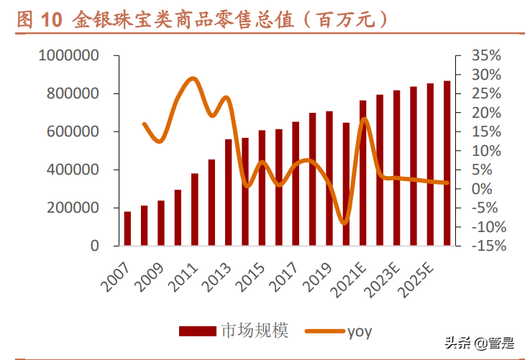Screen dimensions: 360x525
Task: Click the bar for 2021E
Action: pyautogui.click(x=362, y=173)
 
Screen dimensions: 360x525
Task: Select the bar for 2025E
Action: pyautogui.click(x=430, y=165)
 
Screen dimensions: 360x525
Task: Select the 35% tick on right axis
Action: pyautogui.click(x=487, y=55)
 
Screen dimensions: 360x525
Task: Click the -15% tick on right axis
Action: pyautogui.click(x=486, y=246)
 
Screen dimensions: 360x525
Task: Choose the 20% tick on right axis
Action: pyautogui.click(x=487, y=113)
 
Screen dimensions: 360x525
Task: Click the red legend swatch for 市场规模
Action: pyautogui.click(x=197, y=331)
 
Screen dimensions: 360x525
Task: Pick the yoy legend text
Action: pyautogui.click(x=360, y=331)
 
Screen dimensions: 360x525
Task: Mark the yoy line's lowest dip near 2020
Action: pyautogui.click(x=344, y=223)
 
